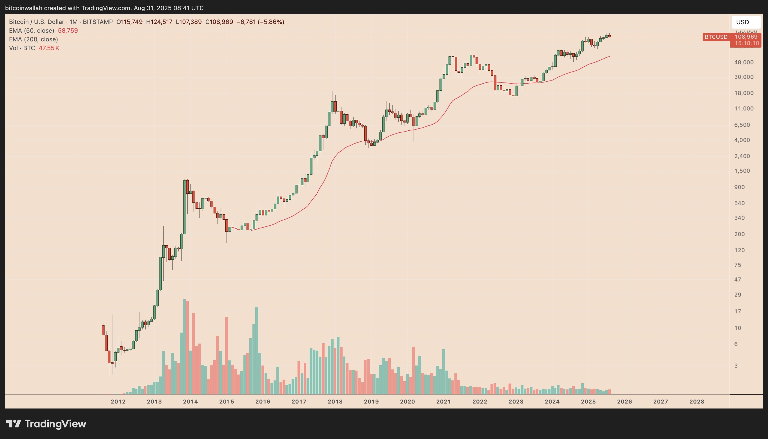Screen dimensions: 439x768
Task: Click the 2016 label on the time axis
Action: click(x=263, y=402)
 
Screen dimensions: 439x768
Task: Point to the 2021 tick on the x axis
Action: click(x=443, y=402)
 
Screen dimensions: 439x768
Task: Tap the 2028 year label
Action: click(x=697, y=402)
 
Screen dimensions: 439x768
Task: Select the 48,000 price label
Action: click(x=743, y=63)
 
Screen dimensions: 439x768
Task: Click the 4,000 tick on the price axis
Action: click(x=742, y=140)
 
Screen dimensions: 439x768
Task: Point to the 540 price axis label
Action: click(x=739, y=203)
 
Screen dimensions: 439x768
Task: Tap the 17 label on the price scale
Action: click(x=738, y=311)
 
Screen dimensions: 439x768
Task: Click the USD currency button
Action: click(x=746, y=22)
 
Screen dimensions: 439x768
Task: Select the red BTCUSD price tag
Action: click(x=716, y=37)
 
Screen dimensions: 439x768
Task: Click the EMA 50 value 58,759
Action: click(x=68, y=30)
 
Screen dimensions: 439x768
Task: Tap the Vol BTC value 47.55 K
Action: click(x=49, y=48)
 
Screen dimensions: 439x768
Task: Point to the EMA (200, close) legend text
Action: click(x=34, y=39)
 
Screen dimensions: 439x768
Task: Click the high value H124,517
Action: click(x=159, y=22)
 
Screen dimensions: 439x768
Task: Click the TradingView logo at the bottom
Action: click(x=46, y=424)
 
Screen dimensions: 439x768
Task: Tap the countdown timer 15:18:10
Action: click(x=747, y=43)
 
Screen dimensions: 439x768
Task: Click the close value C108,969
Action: click(x=219, y=22)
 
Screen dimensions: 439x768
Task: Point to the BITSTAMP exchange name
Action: click(x=98, y=22)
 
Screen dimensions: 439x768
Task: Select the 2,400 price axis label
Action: click(x=742, y=156)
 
